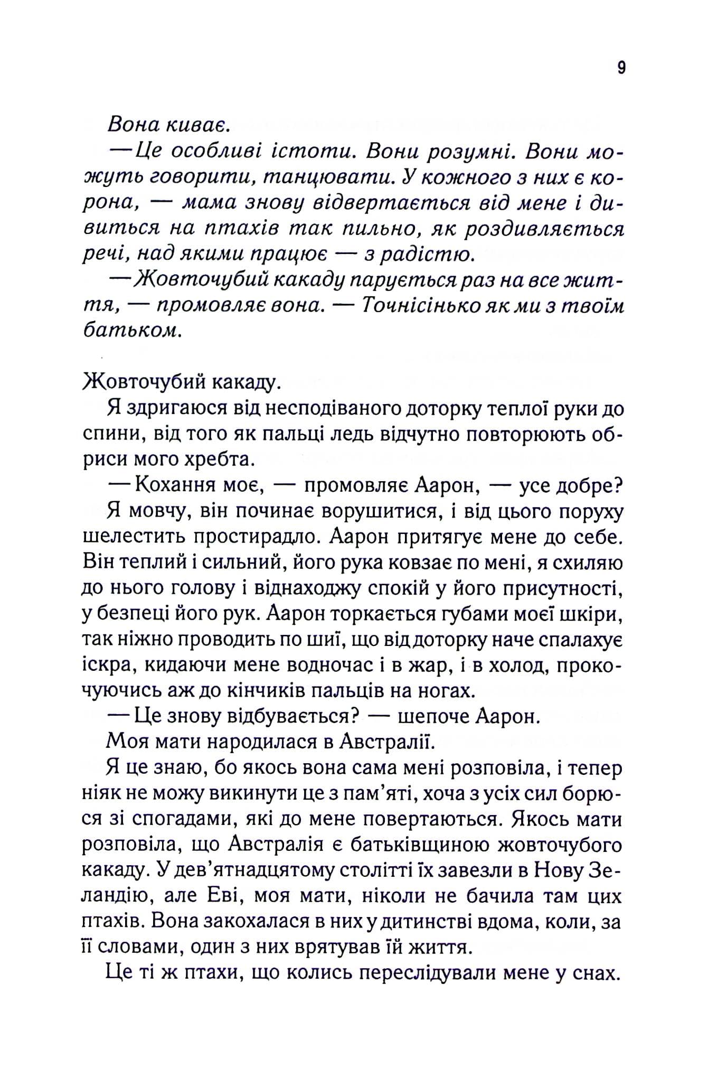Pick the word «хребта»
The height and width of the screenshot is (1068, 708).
point(215,459)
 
